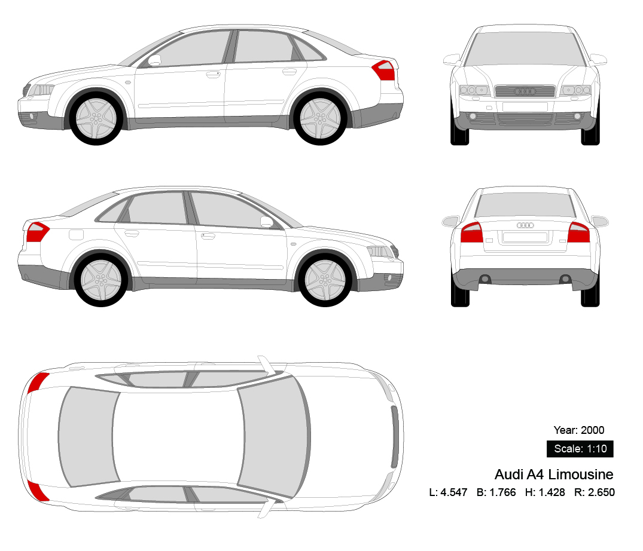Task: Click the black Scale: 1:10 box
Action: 580,449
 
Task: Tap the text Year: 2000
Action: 579,430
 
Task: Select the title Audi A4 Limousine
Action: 554,475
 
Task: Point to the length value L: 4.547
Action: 448,492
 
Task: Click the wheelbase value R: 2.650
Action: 595,492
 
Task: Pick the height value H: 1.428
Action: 545,492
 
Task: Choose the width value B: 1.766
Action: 496,492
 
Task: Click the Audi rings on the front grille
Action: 525,91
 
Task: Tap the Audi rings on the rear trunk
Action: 525,225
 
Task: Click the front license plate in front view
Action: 525,107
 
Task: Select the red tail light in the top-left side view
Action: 385,71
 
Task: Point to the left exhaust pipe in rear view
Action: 485,278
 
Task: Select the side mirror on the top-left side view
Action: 155,60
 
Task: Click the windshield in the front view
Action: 525,49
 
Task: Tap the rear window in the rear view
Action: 525,205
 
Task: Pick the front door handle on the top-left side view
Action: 212,75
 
